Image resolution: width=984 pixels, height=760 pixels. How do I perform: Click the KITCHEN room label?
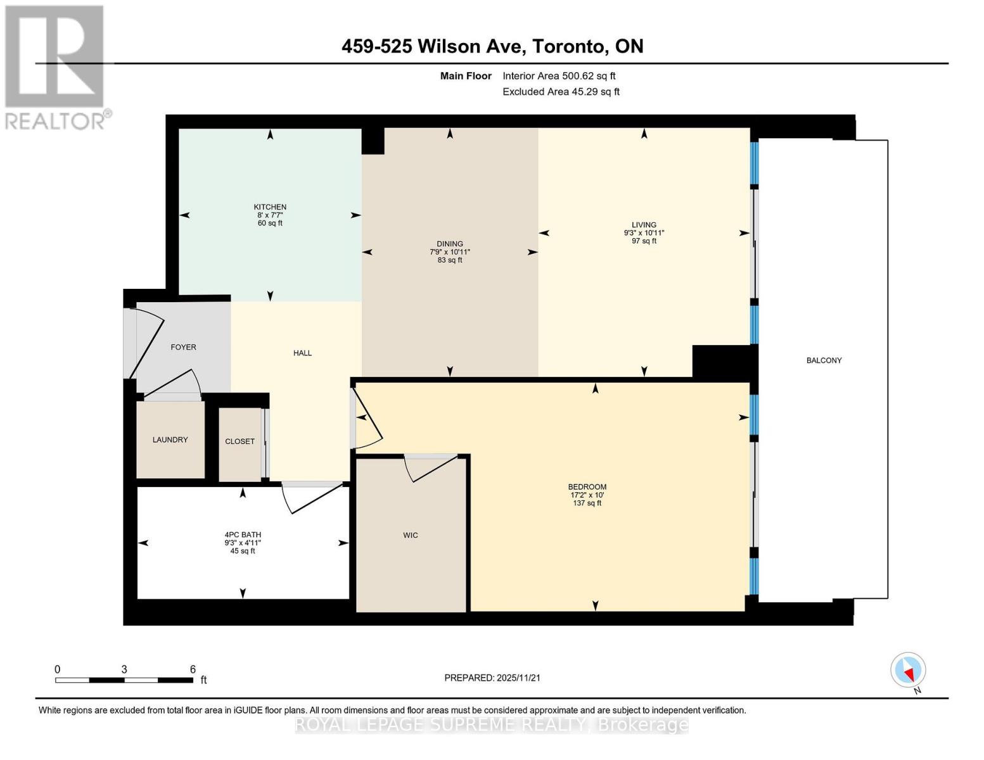(270, 207)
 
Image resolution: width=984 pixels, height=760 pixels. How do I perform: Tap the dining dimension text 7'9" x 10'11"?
(450, 252)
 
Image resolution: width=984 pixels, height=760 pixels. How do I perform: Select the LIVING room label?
(644, 225)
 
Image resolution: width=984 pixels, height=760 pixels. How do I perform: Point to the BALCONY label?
(824, 360)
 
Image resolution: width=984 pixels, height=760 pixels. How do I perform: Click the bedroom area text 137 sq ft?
(587, 503)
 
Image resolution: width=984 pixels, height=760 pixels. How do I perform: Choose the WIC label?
(411, 535)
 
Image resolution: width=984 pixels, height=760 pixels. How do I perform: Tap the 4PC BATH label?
(243, 535)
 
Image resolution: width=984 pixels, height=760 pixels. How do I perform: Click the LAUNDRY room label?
(170, 440)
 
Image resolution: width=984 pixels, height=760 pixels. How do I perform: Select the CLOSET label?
(240, 441)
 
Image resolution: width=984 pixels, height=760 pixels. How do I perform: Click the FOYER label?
(183, 347)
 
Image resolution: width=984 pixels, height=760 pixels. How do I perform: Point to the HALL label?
(302, 353)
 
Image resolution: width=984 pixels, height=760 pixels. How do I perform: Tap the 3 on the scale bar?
(124, 669)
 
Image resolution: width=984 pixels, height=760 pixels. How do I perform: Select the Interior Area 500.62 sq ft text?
(559, 76)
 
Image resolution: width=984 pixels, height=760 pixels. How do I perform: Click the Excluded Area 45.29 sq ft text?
(561, 92)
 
